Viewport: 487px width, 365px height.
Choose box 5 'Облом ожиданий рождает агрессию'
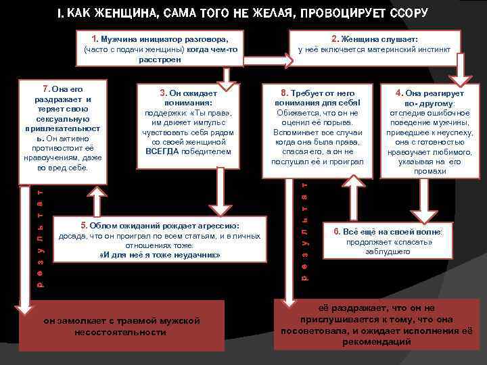click(x=160, y=241)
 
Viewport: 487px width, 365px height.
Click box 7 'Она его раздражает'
click(x=63, y=128)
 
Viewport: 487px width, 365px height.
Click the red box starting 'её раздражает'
click(x=382, y=324)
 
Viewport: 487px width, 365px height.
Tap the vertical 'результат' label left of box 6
click(x=305, y=230)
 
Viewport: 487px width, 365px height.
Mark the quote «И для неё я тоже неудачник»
click(x=160, y=255)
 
